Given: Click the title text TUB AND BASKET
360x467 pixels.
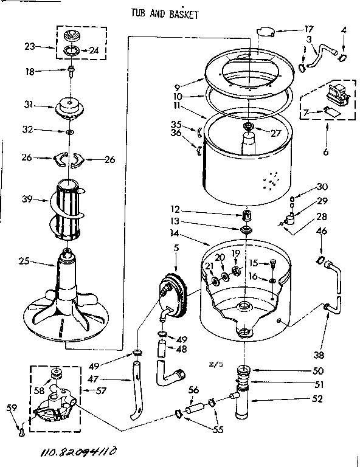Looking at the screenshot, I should [x=164, y=13].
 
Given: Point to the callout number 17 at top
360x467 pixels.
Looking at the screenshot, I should [x=308, y=28].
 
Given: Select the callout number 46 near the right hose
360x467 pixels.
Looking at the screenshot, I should [x=323, y=232].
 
